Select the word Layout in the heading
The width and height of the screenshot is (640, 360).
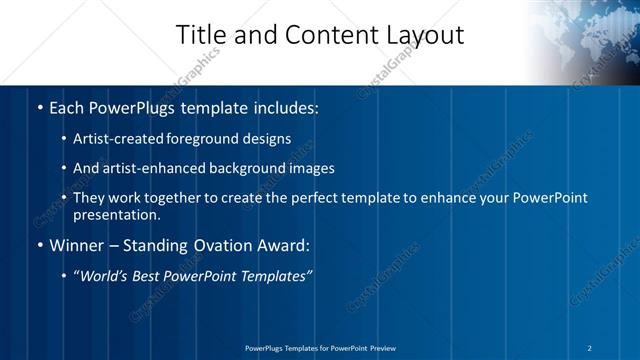[x=420, y=35]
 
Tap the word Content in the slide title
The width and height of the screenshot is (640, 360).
[x=324, y=35]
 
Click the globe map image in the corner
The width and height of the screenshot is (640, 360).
[x=585, y=40]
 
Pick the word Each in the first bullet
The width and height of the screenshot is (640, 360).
[x=66, y=106]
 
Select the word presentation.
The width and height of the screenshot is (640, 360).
[x=116, y=214]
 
